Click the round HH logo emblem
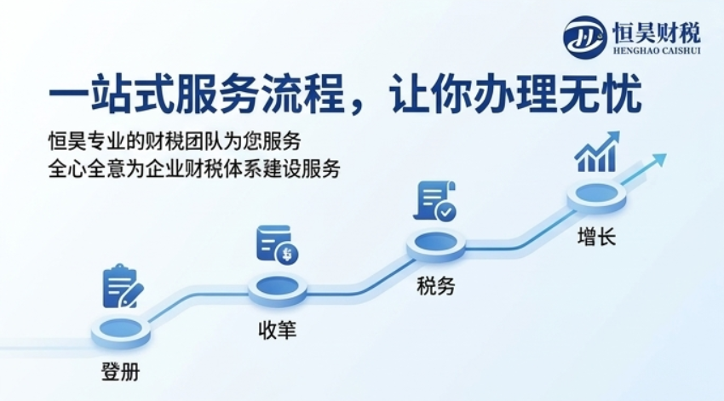pyautogui.click(x=584, y=37)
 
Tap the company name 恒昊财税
pyautogui.click(x=657, y=32)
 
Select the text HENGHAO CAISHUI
pyautogui.click(x=657, y=50)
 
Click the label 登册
pyautogui.click(x=120, y=371)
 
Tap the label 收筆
pyautogui.click(x=277, y=330)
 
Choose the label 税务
pyautogui.click(x=435, y=285)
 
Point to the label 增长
pyautogui.click(x=596, y=237)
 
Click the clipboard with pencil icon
pyautogui.click(x=123, y=286)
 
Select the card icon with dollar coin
pyautogui.click(x=277, y=244)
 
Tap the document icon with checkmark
pyautogui.click(x=435, y=202)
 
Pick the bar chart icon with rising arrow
pyautogui.click(x=596, y=152)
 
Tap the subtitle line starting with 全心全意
pyautogui.click(x=194, y=169)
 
